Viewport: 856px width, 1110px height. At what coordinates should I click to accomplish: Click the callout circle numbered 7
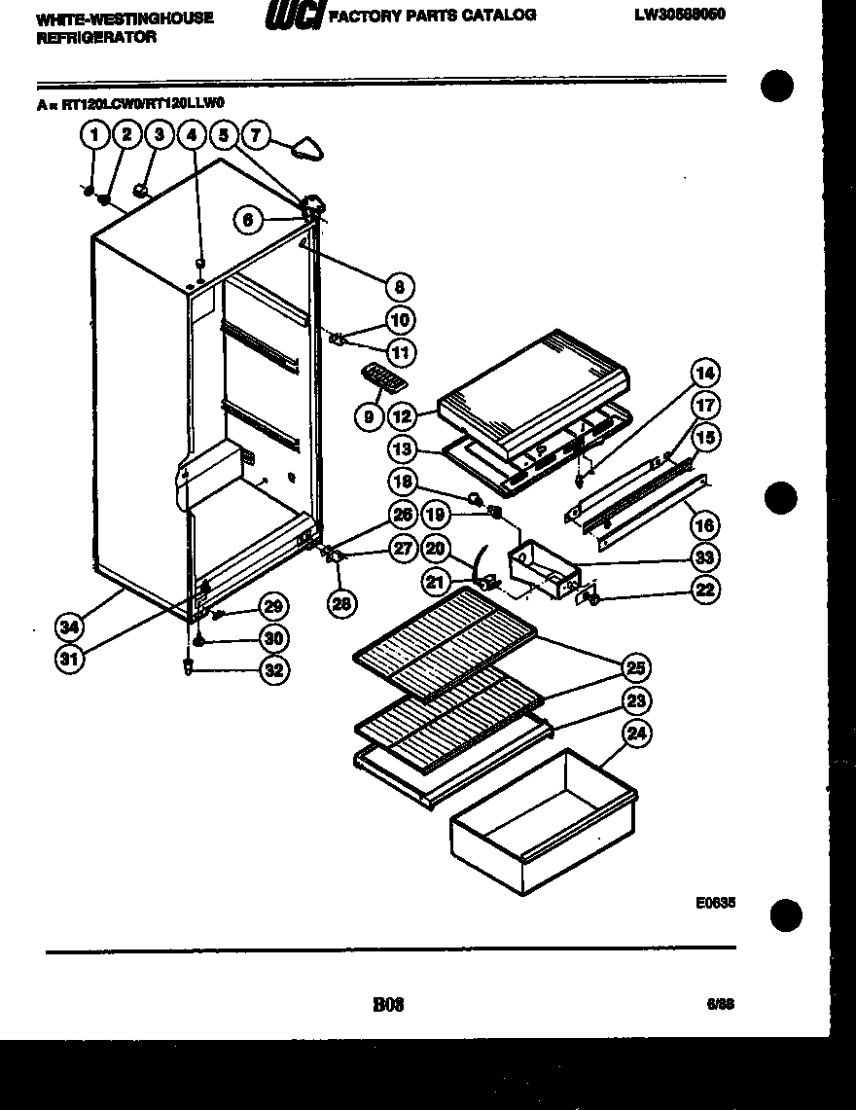pyautogui.click(x=256, y=134)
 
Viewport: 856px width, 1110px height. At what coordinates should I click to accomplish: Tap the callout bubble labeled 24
pyautogui.click(x=636, y=734)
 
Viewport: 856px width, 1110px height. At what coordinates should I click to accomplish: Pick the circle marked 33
pyautogui.click(x=705, y=557)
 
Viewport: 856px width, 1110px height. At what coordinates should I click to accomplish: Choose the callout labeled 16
pyautogui.click(x=705, y=525)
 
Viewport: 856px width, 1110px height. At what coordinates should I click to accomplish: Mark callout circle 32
pyautogui.click(x=274, y=669)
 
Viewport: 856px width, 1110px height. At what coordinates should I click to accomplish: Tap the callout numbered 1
pyautogui.click(x=94, y=135)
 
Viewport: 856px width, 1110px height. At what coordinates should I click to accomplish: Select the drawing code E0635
pyautogui.click(x=715, y=903)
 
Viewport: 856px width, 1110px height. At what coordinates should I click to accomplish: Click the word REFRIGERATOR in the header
pyautogui.click(x=82, y=38)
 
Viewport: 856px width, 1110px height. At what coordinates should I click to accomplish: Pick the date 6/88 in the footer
pyautogui.click(x=721, y=1005)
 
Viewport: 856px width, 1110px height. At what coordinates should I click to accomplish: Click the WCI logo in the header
pyautogui.click(x=293, y=17)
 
